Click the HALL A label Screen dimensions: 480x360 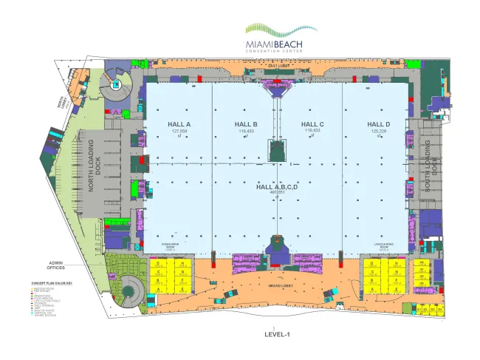[179, 123]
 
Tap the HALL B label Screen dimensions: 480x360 [245, 123]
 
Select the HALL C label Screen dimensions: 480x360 [312, 123]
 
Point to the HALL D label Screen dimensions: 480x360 [378, 123]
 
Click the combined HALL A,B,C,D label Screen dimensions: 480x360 [276, 187]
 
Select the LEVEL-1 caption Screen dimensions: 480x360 [278, 335]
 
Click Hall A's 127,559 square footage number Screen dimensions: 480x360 [179, 131]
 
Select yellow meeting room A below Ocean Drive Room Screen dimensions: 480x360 [157, 290]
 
